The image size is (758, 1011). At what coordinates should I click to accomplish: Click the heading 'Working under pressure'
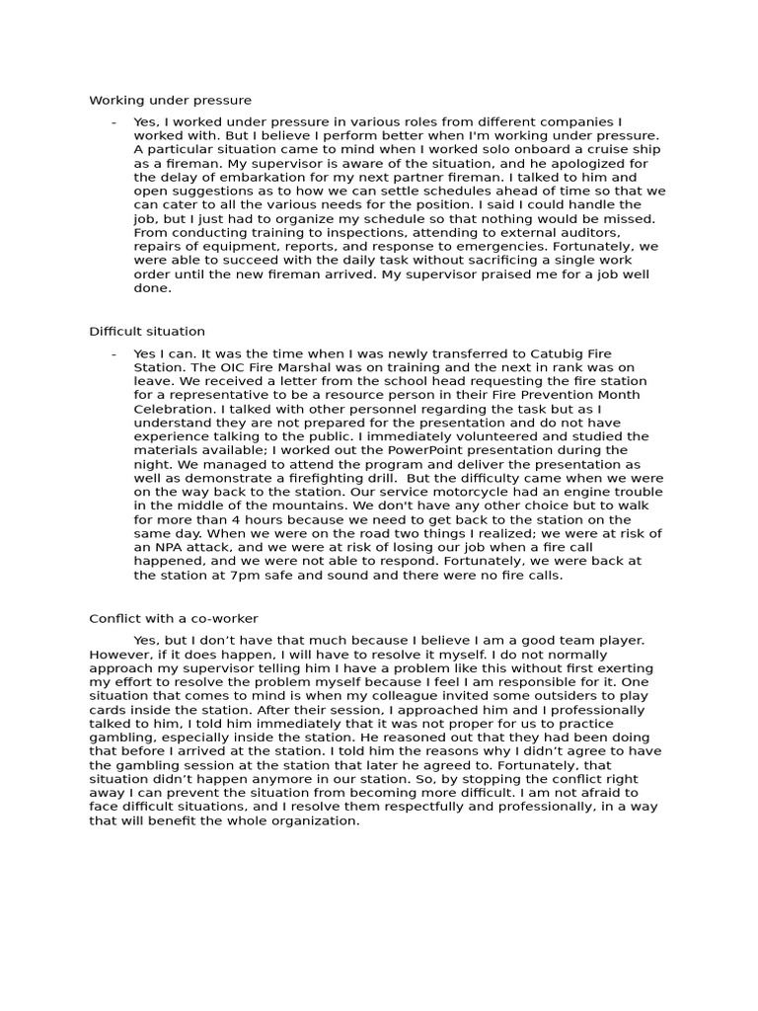pyautogui.click(x=170, y=100)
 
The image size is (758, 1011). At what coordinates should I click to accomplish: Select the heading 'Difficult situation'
pyautogui.click(x=147, y=331)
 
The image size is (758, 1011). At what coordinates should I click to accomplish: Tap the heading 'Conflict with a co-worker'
pyautogui.click(x=174, y=618)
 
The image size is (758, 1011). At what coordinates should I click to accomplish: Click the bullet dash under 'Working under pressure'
pyautogui.click(x=114, y=121)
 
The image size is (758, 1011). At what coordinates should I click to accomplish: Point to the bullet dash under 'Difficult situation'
pyautogui.click(x=114, y=353)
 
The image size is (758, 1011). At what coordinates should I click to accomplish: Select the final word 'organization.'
pyautogui.click(x=312, y=820)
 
